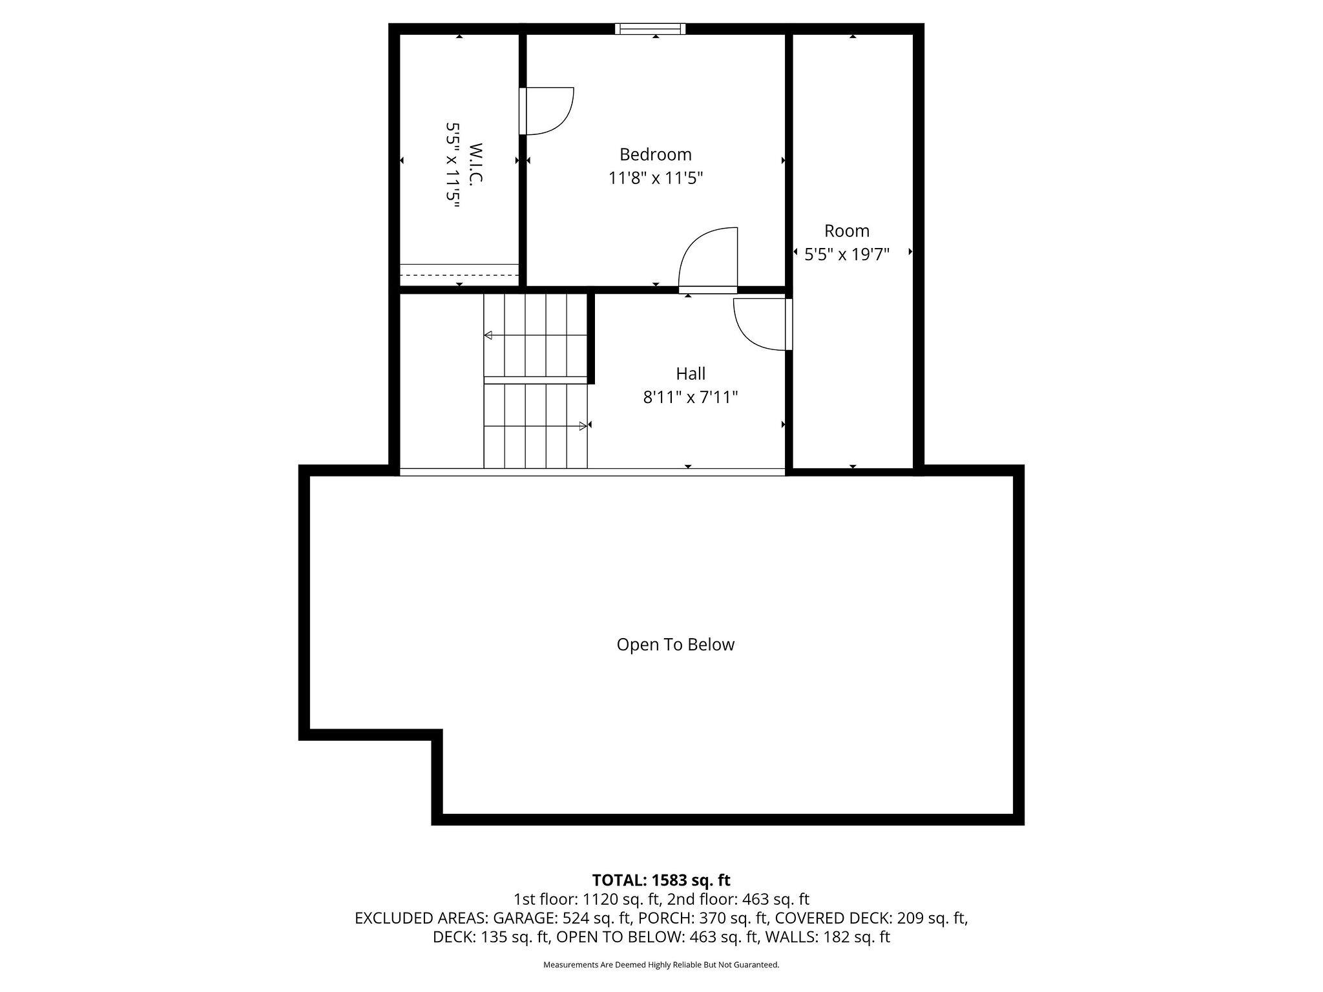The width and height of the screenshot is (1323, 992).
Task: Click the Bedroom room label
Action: (655, 155)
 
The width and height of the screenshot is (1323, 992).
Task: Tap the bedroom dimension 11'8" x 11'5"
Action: (655, 178)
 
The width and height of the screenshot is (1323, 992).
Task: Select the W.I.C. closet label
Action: (476, 165)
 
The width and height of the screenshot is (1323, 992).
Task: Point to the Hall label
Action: (691, 373)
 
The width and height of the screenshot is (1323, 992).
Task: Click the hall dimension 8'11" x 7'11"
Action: (690, 397)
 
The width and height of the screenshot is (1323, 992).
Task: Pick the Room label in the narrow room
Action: (847, 231)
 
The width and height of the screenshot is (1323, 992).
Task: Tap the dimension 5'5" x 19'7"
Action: (847, 254)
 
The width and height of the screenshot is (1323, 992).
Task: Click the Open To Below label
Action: (676, 645)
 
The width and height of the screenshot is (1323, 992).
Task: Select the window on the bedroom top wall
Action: (650, 28)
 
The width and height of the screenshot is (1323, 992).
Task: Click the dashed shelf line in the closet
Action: (459, 275)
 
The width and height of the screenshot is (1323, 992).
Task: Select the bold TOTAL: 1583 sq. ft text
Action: (661, 880)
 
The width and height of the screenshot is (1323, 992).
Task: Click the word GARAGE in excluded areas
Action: (523, 918)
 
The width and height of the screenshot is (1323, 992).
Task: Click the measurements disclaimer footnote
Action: (661, 965)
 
